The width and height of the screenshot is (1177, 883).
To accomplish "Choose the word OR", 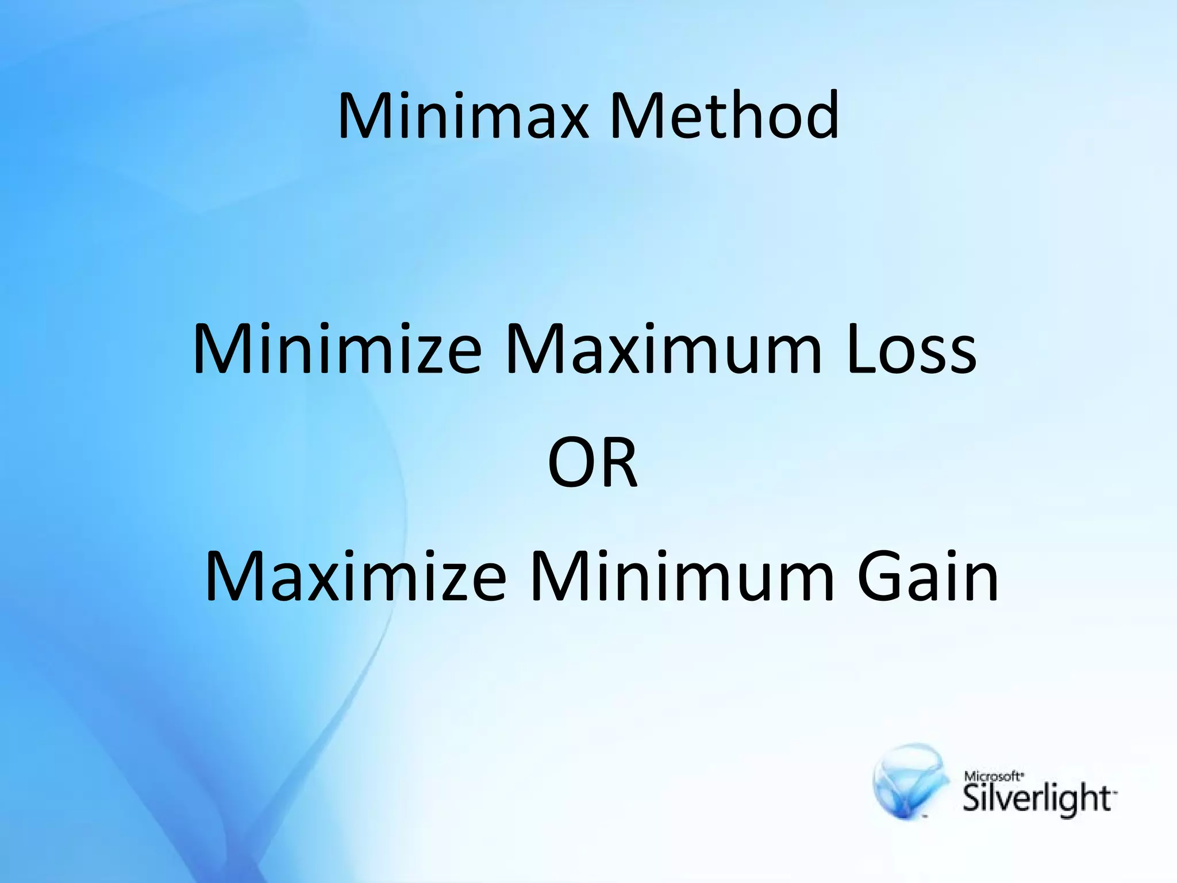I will [593, 462].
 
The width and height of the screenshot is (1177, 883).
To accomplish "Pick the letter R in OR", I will [620, 462].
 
